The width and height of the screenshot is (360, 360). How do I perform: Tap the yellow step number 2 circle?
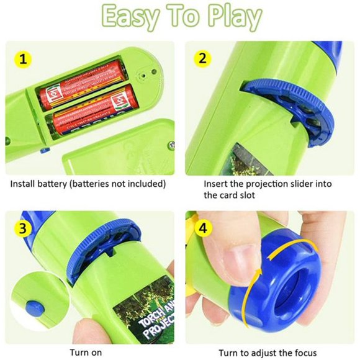point(202,59)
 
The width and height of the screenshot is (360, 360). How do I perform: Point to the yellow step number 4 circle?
point(202,228)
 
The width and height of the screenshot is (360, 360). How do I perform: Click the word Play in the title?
point(230,19)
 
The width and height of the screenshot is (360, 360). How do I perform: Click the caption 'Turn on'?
point(86,353)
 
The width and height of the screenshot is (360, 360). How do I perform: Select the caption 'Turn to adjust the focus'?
point(268,353)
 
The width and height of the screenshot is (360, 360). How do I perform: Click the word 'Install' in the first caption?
point(24,184)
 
